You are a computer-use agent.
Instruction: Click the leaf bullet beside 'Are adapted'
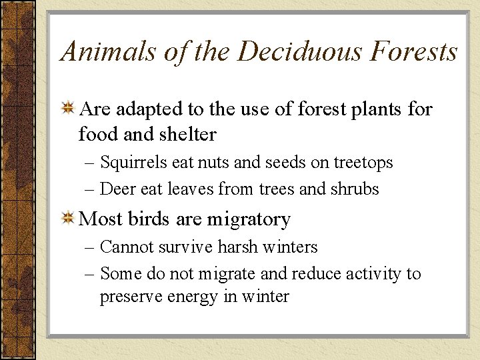tap(67, 109)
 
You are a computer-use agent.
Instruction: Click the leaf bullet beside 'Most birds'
tap(67, 219)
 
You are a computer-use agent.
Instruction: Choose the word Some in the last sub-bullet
tap(117, 274)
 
